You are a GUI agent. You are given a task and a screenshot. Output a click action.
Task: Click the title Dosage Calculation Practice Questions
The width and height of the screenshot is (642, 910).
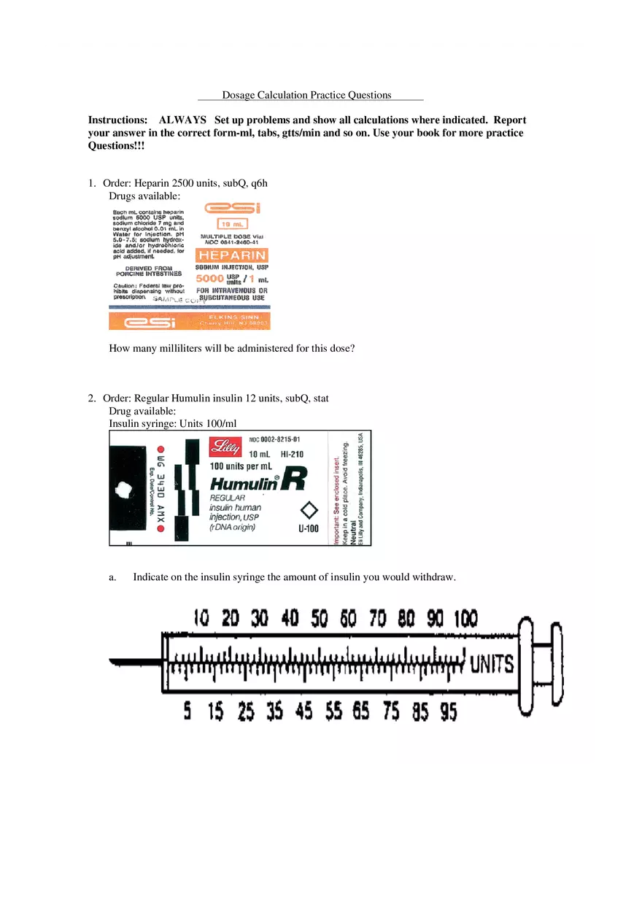(307, 95)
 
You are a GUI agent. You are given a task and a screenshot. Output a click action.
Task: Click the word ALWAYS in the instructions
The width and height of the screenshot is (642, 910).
(182, 120)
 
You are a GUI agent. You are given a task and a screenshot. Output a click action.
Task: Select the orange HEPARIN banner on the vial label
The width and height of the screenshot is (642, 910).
(232, 255)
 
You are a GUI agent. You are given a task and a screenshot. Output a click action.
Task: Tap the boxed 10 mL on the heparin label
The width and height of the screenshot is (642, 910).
(232, 224)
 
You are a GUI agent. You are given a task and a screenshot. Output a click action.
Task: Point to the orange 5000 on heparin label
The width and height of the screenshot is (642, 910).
(210, 278)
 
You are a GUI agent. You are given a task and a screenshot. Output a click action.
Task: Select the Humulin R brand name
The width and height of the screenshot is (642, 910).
(258, 482)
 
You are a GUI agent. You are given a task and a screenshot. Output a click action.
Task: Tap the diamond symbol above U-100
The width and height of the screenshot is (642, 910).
(309, 510)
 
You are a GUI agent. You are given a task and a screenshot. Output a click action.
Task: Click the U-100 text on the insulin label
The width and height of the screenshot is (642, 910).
(309, 529)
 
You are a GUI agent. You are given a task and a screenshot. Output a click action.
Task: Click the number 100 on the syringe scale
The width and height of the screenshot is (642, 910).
(465, 619)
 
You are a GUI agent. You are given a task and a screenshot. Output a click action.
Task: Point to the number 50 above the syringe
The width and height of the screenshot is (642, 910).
(320, 619)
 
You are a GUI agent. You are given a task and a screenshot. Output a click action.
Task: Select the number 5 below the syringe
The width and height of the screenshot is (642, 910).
(187, 712)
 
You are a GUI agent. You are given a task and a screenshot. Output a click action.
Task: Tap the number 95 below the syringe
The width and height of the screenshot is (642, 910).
(448, 712)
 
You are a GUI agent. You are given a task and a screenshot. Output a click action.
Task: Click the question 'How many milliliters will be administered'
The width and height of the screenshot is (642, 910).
(232, 348)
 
